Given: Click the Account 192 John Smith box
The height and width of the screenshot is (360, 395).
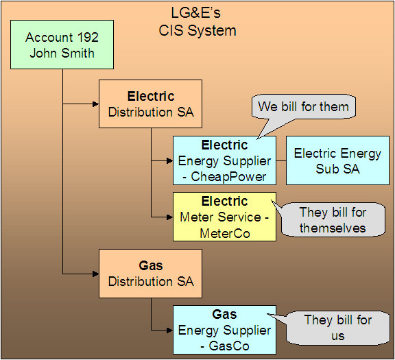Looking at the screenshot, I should (x=62, y=45).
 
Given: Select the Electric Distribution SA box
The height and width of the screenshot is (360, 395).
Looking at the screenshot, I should (x=150, y=104).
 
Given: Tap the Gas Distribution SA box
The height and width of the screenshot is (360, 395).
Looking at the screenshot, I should (x=150, y=273).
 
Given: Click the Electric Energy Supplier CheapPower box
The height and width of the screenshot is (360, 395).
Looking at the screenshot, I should (x=224, y=160).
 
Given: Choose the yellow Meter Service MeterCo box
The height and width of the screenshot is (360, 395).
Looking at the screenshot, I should (x=224, y=217).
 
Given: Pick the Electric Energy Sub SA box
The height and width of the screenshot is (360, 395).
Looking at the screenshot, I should (x=337, y=160).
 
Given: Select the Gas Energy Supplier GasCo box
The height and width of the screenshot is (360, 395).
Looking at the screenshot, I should (x=224, y=330).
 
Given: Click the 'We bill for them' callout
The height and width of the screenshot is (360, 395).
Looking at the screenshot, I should (x=303, y=106).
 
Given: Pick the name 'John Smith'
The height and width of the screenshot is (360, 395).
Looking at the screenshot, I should (x=62, y=53).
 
